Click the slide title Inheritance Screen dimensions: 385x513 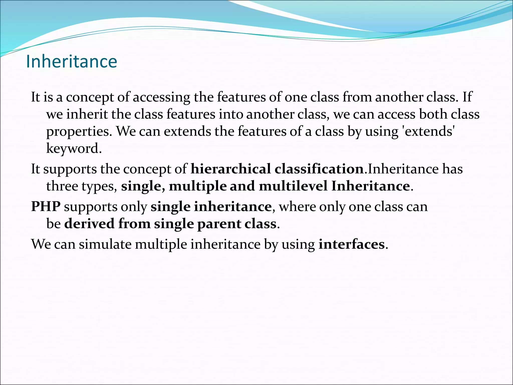tap(71, 61)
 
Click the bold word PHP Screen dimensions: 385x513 tap(46, 207)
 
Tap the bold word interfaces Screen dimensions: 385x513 tap(351, 244)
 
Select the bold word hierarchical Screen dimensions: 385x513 tap(230, 169)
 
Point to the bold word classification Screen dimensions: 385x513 tap(319, 169)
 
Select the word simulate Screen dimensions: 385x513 tap(105, 244)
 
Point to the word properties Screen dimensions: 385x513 tap(78, 131)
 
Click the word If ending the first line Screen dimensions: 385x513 tap(467, 97)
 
